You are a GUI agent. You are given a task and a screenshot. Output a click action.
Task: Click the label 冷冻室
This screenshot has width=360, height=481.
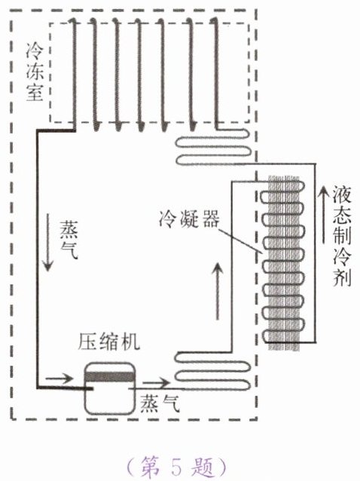tap(35, 72)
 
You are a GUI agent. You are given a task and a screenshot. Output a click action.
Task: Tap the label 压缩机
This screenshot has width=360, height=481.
tap(108, 341)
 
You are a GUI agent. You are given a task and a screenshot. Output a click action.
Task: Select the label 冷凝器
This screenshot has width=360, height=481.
tap(189, 219)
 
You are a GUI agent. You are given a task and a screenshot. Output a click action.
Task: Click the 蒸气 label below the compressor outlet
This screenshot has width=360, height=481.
tap(160, 403)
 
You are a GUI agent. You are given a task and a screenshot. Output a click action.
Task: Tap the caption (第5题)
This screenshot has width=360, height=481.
tap(177, 467)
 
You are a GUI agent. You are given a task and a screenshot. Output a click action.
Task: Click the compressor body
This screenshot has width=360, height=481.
tap(110, 389)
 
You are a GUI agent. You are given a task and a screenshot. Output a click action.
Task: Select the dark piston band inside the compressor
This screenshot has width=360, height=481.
tap(110, 376)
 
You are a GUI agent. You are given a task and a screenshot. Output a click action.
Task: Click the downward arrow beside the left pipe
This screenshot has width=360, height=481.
tap(47, 242)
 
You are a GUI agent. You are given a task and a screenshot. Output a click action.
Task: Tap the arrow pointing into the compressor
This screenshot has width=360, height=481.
tap(59, 378)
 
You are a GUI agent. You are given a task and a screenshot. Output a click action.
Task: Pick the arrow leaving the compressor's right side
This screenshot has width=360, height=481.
tap(155, 382)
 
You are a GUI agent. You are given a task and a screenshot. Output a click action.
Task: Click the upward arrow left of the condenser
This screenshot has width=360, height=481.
tap(218, 291)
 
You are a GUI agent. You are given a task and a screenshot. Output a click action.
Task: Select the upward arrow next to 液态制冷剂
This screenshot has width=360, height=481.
tap(322, 214)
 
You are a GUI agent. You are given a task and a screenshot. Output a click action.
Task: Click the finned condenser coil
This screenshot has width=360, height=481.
tap(284, 262)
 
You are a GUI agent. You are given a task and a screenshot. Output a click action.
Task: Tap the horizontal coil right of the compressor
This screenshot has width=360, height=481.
tap(212, 371)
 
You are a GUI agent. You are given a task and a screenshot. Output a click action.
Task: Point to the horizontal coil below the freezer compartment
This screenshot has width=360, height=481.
tap(214, 147)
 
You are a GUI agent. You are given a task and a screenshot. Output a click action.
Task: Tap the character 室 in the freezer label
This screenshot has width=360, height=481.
tap(35, 93)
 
